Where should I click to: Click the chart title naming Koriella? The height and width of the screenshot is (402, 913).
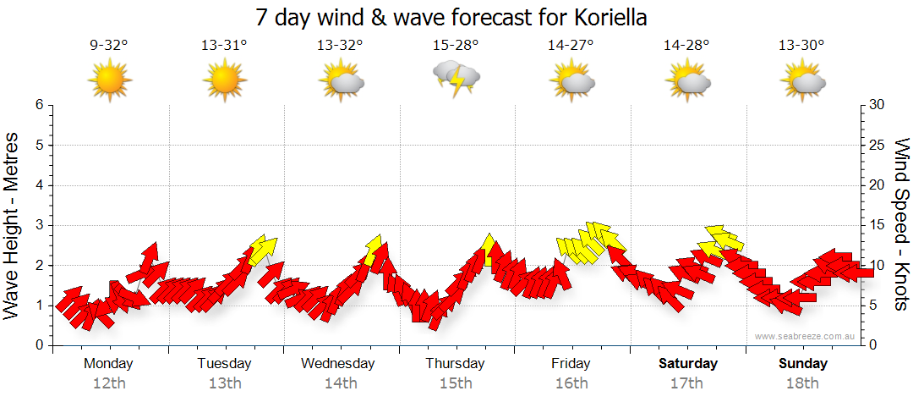(456, 18)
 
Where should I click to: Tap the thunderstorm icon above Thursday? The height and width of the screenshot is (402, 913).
(456, 77)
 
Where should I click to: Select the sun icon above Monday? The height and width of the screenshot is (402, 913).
(110, 81)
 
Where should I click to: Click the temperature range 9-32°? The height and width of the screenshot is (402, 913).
(109, 46)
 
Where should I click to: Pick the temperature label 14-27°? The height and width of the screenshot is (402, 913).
(571, 46)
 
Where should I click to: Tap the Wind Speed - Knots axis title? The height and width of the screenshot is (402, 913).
(901, 224)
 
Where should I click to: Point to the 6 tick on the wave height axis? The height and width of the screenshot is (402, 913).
(39, 105)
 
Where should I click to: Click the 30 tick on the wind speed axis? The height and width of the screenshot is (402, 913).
(878, 105)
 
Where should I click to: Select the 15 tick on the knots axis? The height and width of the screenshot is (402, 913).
(877, 225)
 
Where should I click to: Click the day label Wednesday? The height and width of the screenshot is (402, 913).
(338, 364)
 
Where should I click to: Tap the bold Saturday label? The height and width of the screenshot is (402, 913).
(688, 364)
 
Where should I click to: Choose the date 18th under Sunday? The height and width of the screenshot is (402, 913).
(802, 383)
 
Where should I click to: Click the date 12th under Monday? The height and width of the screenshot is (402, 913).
(109, 383)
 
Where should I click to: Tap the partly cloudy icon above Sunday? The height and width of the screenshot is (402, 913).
(802, 81)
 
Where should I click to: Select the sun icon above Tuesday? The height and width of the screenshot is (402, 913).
(224, 81)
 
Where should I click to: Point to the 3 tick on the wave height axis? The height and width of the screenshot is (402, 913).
(39, 225)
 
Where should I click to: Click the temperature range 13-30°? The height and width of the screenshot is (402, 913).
(801, 46)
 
